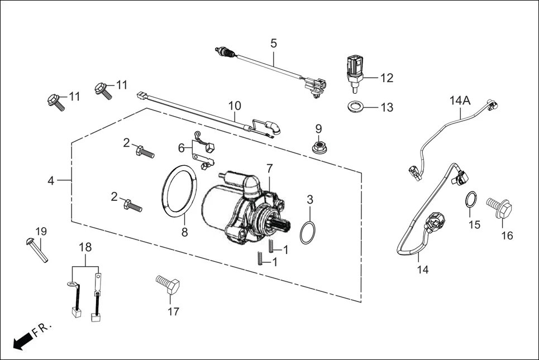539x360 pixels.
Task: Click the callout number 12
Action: (387, 78)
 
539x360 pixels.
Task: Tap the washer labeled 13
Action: (354, 106)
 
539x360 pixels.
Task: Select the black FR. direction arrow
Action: (22, 340)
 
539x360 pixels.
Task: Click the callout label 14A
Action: (460, 100)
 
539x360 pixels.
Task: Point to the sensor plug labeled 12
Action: (354, 70)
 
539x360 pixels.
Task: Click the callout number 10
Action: (235, 105)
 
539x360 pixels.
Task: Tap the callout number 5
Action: (273, 43)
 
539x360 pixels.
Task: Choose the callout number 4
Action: (51, 181)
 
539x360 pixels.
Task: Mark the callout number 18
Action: (85, 247)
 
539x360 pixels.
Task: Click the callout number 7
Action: (269, 167)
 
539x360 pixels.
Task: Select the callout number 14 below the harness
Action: (422, 270)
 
